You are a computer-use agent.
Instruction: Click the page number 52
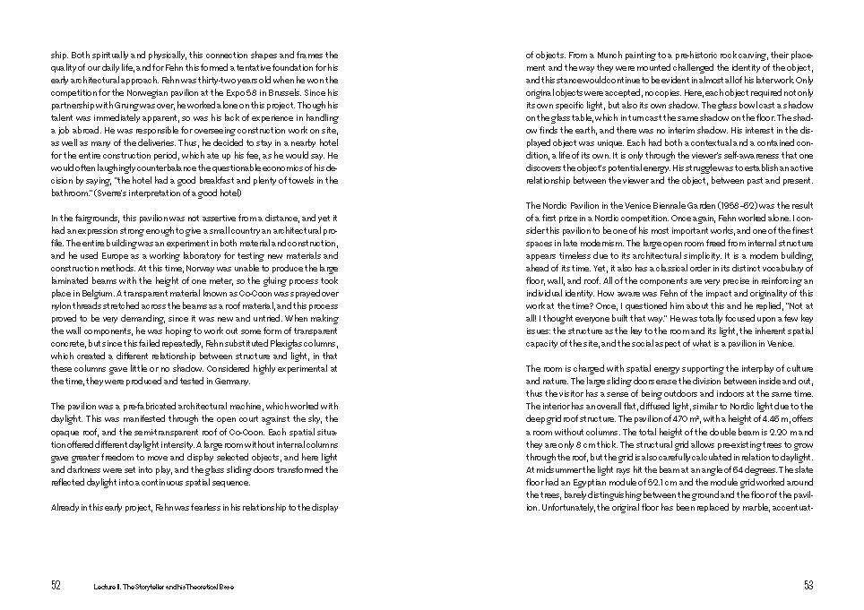tap(56, 585)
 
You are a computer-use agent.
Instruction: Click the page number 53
tap(808, 585)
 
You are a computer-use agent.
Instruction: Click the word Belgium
tap(89, 291)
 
